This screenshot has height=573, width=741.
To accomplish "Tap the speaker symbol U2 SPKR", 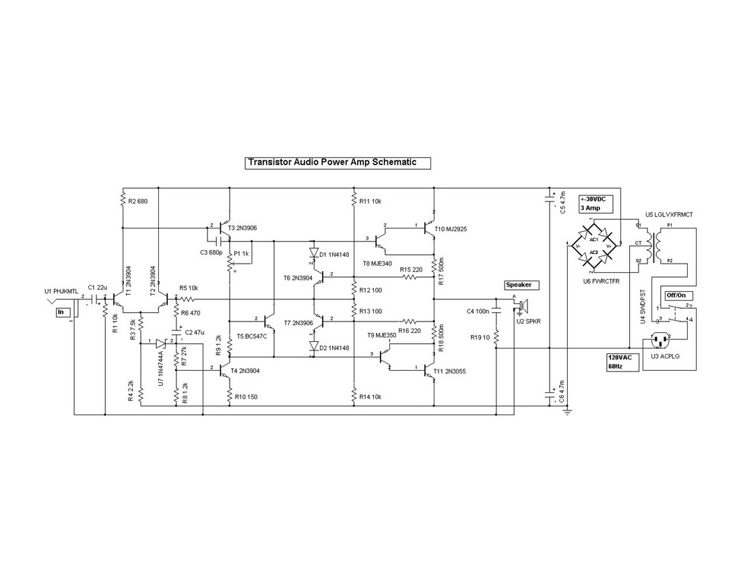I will tap(523, 305).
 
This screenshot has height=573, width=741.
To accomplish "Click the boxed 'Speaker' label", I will tap(519, 285).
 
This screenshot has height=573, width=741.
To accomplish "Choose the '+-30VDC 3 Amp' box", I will tap(596, 204).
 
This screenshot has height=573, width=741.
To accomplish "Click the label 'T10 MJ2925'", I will tap(451, 229).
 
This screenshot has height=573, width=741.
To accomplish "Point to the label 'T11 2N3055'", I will tap(451, 371).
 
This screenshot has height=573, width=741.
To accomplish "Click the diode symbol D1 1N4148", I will tap(313, 254).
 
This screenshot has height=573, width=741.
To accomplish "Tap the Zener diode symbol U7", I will tap(160, 343).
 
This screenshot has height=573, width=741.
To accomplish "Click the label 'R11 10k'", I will tap(371, 201).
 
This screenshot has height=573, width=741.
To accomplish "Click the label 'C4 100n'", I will tap(478, 311).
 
